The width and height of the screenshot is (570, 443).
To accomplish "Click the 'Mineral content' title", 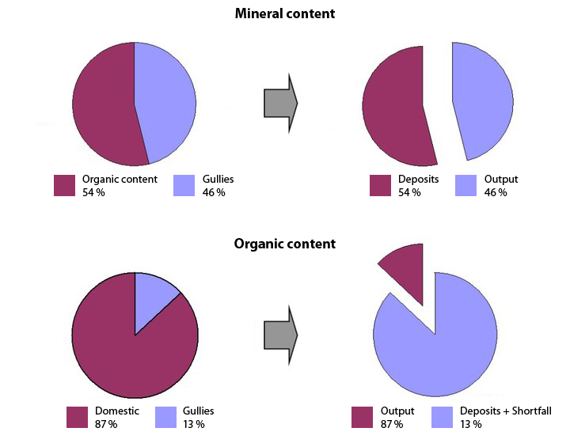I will (x=284, y=13).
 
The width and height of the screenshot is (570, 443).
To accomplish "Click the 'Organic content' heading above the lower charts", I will (x=284, y=244).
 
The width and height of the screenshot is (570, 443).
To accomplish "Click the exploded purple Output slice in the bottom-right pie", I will (x=406, y=271).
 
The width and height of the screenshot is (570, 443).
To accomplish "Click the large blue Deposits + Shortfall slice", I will (x=443, y=348).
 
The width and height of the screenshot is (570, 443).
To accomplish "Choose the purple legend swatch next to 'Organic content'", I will (x=64, y=185).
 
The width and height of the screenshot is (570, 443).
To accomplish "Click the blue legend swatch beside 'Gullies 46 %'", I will (x=184, y=185).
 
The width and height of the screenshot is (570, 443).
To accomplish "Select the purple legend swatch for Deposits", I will (x=380, y=185).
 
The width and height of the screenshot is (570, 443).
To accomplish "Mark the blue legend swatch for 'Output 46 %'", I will (x=466, y=185).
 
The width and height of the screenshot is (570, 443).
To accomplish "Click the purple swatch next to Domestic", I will (x=77, y=417).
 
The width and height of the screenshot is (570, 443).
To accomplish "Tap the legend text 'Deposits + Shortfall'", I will (x=495, y=411).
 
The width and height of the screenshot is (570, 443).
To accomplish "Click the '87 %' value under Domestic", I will (x=106, y=425).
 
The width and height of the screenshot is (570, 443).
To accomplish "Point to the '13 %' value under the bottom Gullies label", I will (x=193, y=425).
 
